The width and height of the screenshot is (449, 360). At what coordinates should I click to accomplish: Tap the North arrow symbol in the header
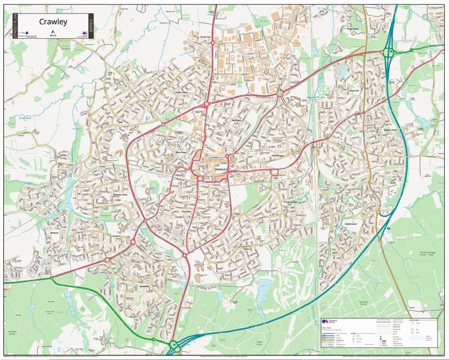coord(53,31)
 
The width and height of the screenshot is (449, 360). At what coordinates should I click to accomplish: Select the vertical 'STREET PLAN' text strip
coord(15,26)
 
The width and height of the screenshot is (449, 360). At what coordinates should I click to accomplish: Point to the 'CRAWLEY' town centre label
coord(221,169)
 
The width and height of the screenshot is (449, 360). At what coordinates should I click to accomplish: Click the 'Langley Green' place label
coord(181,93)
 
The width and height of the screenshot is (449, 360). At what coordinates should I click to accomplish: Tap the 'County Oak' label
coord(205,37)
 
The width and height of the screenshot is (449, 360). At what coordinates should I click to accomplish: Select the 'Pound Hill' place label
coord(356,91)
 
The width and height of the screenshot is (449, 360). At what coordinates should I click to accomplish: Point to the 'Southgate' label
coord(187,211)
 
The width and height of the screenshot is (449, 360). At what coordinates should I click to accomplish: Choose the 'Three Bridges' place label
coord(278,155)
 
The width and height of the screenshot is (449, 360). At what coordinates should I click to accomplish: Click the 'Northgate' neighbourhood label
coord(236,120)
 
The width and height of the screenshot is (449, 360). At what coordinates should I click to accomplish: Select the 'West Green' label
coord(180,153)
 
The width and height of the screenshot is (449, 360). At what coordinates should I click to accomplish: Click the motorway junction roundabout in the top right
coord(388,53)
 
